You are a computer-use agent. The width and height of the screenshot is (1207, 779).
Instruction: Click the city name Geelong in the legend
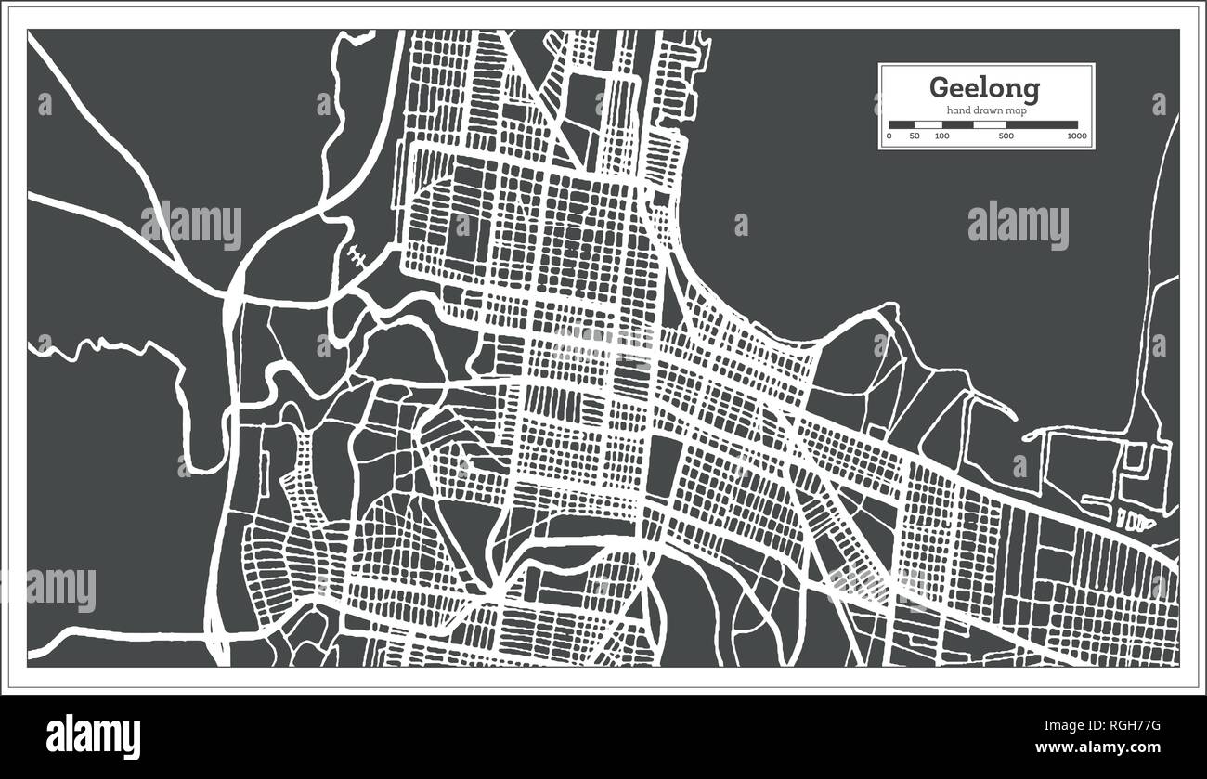click(985, 88)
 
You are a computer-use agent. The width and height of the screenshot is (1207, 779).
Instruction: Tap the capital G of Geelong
click(940, 88)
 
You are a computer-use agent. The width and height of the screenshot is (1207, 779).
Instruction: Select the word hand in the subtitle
click(958, 111)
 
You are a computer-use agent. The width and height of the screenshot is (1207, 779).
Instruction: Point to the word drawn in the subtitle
click(987, 111)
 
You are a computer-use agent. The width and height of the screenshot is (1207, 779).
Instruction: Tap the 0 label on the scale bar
click(889, 136)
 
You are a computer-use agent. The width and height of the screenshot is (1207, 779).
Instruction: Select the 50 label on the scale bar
click(915, 136)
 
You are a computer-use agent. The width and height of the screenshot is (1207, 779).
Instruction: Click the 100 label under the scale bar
click(941, 136)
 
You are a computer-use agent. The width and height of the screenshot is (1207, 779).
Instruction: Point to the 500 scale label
click(1006, 136)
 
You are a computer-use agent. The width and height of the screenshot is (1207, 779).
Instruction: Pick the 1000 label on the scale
click(1076, 136)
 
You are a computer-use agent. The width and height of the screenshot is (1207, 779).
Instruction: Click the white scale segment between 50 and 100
click(928, 124)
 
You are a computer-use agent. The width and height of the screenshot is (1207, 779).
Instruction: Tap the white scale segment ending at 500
click(990, 124)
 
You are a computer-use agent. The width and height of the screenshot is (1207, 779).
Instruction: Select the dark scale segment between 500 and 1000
click(1042, 124)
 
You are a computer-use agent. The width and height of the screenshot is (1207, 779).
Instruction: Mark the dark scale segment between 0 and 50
click(902, 124)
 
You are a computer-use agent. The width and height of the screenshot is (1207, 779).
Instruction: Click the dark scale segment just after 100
click(957, 124)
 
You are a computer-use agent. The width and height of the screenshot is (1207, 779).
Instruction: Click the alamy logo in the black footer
click(93, 736)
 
